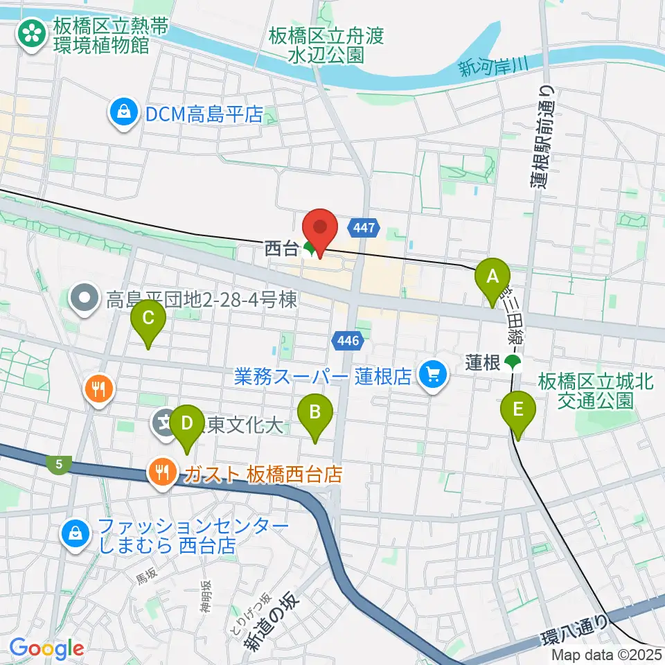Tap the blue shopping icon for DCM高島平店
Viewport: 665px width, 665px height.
124,114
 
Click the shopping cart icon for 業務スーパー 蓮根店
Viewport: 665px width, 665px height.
434,376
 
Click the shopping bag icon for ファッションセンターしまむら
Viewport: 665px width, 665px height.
74,533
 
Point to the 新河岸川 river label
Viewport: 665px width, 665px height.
493,67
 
